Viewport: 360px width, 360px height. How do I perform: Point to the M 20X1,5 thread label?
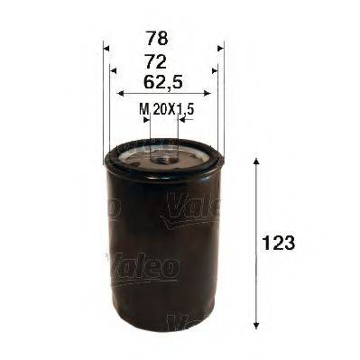(167, 109)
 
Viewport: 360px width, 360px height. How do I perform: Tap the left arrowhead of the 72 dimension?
(115, 70)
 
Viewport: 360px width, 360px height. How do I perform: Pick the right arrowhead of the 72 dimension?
(213, 70)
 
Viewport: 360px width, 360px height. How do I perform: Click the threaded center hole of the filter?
(163, 158)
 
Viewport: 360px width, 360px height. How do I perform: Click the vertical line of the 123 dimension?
(259, 244)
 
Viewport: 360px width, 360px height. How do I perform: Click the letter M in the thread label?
(143, 109)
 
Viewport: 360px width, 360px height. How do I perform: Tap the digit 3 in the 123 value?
(291, 244)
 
